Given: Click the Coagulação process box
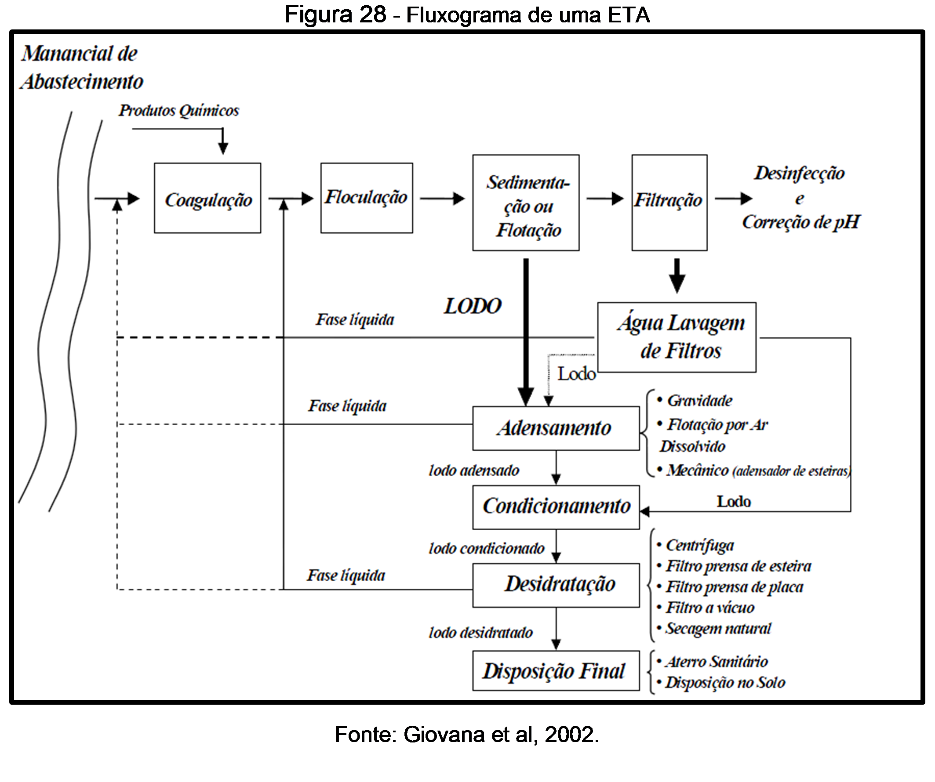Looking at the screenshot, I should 207,198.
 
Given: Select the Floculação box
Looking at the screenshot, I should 367,198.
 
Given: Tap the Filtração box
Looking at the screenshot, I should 669,203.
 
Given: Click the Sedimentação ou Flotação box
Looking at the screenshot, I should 526,203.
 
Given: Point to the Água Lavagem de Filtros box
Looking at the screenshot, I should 677,337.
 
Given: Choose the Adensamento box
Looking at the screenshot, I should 556,428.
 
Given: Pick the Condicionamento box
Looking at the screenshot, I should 556,507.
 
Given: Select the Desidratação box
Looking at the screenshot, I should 556,585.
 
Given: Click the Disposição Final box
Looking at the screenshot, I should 556,671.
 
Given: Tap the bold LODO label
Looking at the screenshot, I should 473,306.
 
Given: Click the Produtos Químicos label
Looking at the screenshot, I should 178,110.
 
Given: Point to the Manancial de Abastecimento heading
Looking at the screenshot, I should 81,68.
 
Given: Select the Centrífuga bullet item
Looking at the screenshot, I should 699,546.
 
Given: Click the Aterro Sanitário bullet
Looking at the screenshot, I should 716,662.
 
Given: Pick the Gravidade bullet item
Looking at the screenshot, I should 699,401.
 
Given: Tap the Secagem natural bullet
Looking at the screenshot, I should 718,628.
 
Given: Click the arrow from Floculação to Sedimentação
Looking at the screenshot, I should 442,199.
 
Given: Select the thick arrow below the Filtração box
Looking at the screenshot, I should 677,276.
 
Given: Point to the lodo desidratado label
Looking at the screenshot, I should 481,633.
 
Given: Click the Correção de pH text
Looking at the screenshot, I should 800,222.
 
